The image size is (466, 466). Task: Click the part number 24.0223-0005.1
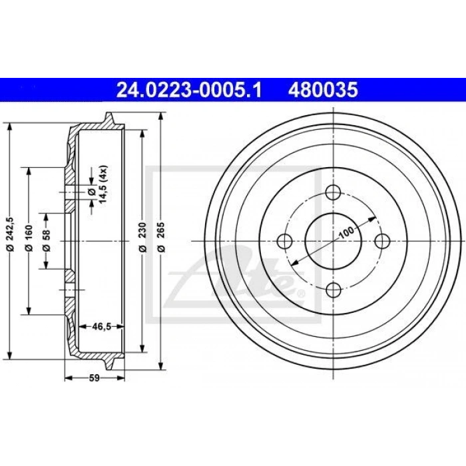(189, 90)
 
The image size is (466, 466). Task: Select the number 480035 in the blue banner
(323, 90)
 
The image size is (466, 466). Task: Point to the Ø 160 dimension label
(29, 238)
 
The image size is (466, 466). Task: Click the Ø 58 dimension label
(47, 241)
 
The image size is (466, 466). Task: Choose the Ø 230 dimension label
(143, 238)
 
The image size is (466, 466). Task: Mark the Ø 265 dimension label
(161, 238)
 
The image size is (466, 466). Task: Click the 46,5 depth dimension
(102, 327)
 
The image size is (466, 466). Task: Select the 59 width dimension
(95, 378)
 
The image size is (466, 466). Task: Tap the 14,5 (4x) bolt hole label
(103, 184)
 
